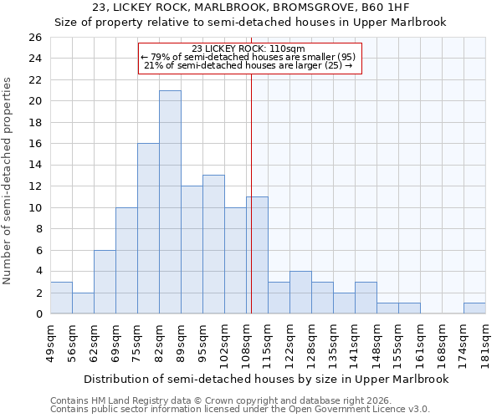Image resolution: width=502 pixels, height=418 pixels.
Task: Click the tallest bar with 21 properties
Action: coord(170,202)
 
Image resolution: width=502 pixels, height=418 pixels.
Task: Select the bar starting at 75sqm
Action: coord(148,228)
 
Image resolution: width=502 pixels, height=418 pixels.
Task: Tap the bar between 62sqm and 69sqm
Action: coord(105,282)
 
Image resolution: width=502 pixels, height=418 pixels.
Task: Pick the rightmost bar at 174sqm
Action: coord(474,308)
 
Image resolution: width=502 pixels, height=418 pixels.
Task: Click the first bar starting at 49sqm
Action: coord(61,298)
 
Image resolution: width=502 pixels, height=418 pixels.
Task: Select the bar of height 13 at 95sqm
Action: coord(213,244)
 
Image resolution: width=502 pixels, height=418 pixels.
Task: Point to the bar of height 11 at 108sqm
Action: coord(257,255)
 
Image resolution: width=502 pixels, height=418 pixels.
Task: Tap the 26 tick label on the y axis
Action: coord(34,38)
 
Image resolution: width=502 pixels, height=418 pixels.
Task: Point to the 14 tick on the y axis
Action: coord(34,166)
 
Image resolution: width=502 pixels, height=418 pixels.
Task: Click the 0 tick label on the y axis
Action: coord(38,314)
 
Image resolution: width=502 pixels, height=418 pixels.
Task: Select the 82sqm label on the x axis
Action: coord(159,340)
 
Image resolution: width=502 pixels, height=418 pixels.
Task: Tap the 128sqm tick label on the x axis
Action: coord(311,340)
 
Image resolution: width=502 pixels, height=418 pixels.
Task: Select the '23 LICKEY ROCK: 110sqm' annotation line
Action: coord(248,48)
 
